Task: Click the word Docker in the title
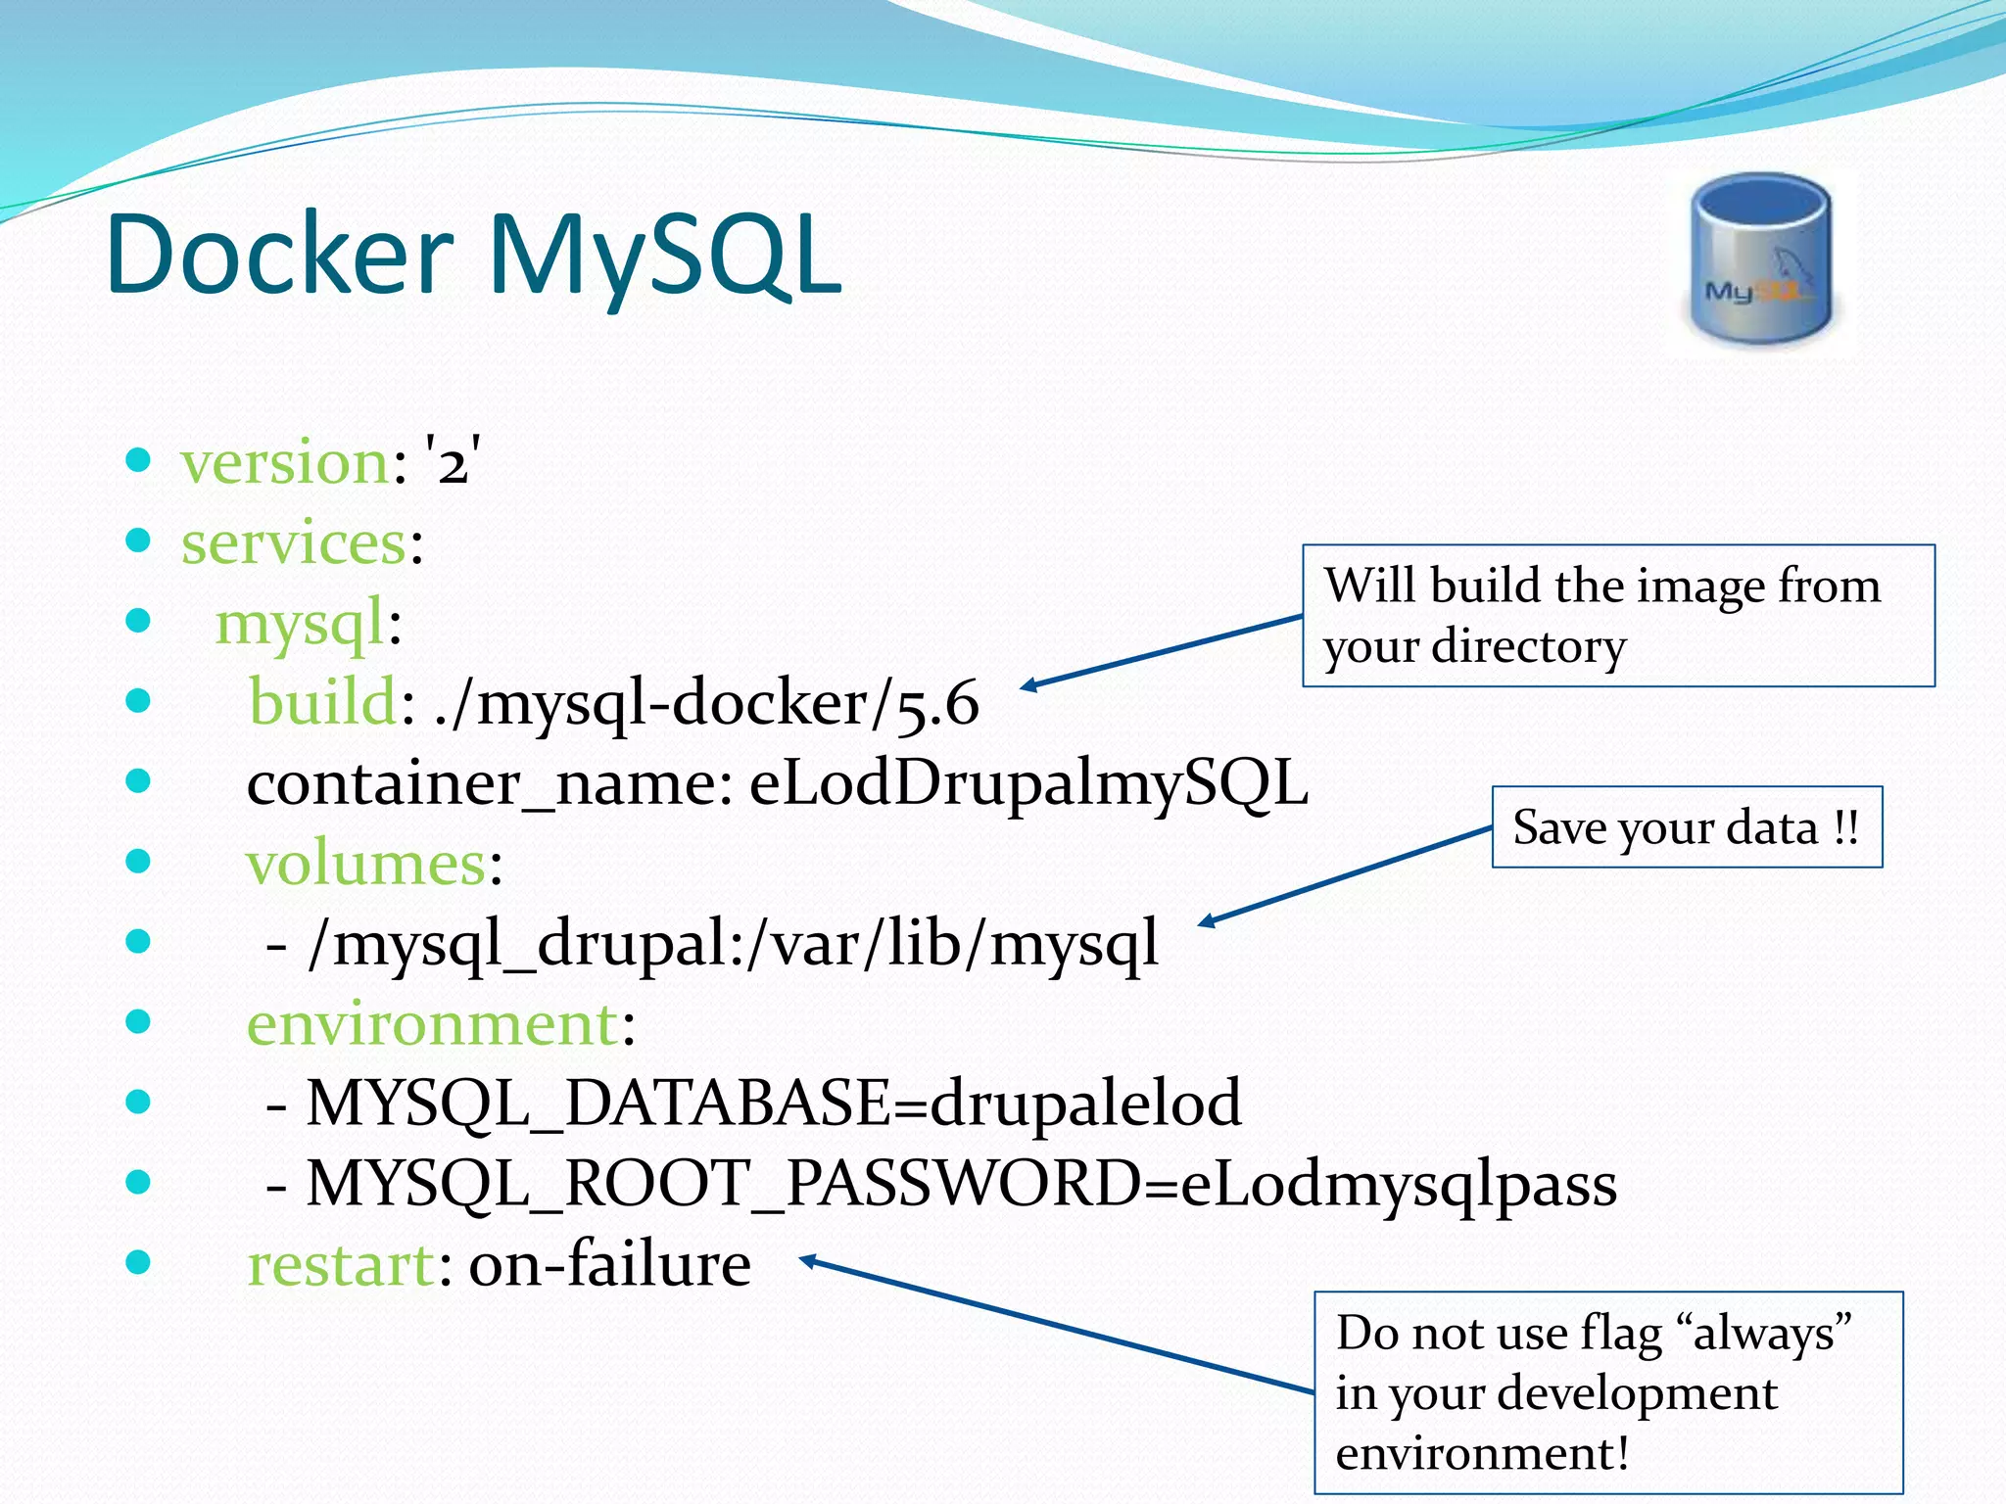click(x=279, y=255)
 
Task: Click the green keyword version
click(x=285, y=462)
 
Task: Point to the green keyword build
click(x=322, y=703)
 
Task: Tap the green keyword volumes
click(x=366, y=864)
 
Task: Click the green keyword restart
click(x=340, y=1265)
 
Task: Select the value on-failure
click(x=609, y=1265)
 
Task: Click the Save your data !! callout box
click(x=1686, y=827)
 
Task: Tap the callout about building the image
click(x=1617, y=616)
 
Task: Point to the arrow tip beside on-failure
click(x=805, y=1259)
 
